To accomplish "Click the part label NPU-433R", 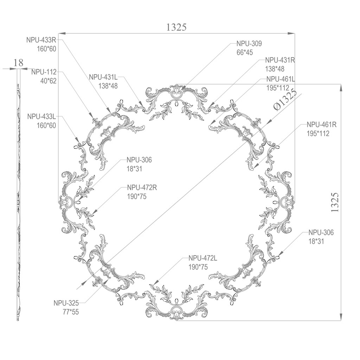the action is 41,40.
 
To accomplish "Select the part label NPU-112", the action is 44,72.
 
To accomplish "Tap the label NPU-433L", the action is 41,116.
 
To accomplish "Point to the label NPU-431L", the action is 103,77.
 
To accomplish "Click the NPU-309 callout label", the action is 249,44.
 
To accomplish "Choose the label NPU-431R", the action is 280,60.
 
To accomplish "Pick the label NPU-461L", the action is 280,79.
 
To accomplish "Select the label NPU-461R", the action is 321,125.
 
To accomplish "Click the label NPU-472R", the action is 142,188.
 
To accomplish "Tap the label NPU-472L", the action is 203,258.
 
